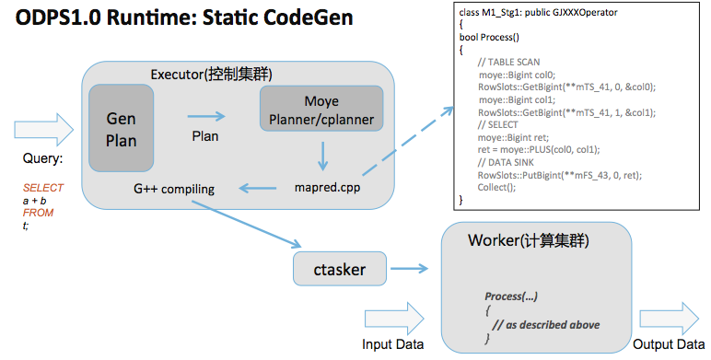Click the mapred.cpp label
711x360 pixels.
click(x=321, y=189)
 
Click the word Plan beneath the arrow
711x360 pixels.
click(x=204, y=135)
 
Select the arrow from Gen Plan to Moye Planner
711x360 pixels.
click(x=206, y=116)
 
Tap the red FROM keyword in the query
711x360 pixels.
click(x=39, y=213)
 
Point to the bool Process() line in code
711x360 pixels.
click(x=489, y=38)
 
